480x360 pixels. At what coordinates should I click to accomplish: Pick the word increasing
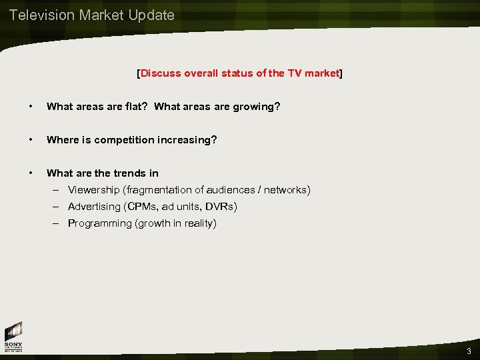click(187, 140)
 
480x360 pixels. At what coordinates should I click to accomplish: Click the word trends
click(124, 173)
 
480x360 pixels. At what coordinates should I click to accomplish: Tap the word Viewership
click(98, 190)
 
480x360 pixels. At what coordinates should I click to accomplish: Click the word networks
click(285, 190)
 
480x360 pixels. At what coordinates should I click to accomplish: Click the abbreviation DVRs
click(221, 207)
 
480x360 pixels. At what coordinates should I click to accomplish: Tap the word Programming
click(100, 223)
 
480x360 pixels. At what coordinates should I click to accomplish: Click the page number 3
click(469, 351)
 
